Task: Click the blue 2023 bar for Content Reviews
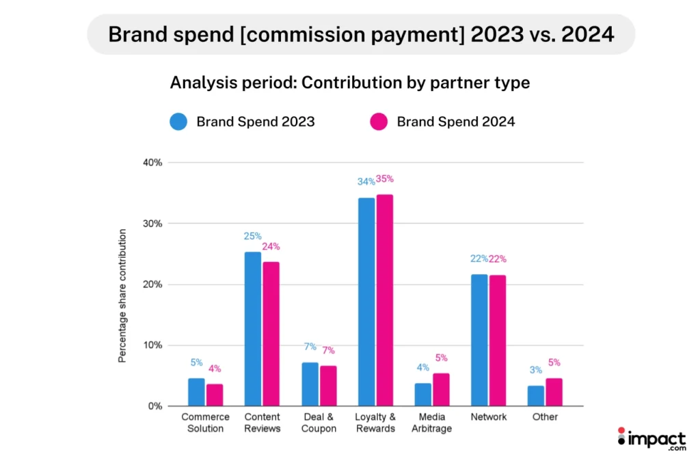click(x=252, y=329)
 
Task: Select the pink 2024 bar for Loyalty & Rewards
click(x=384, y=300)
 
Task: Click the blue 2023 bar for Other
click(x=536, y=396)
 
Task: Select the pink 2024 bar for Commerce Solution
click(x=215, y=395)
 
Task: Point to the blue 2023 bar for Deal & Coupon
click(x=310, y=384)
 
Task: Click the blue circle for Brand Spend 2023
click(x=178, y=122)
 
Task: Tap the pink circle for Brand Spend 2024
click(x=379, y=122)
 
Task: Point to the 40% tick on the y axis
click(x=152, y=163)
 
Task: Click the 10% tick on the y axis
click(x=152, y=345)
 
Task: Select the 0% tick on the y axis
click(x=154, y=406)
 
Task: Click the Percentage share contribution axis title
click(x=122, y=296)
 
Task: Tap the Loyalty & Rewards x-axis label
click(x=375, y=423)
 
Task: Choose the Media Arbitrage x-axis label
click(x=432, y=423)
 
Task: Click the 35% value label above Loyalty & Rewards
click(x=385, y=179)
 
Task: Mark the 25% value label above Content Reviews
click(x=252, y=237)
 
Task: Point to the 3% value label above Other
click(x=536, y=370)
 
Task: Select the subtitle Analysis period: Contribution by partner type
click(x=349, y=83)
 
